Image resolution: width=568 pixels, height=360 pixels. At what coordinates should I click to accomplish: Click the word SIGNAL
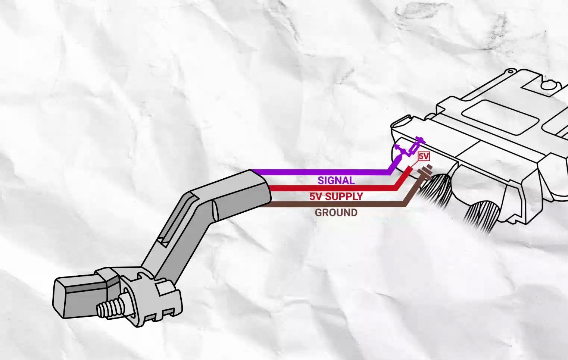(336, 181)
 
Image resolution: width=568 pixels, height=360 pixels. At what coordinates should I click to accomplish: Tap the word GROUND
(336, 213)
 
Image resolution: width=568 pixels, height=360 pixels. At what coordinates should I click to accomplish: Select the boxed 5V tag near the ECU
(424, 157)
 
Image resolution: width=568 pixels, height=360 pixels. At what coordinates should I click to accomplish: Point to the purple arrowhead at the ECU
(398, 147)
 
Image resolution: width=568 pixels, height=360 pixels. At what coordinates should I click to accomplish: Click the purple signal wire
(321, 172)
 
